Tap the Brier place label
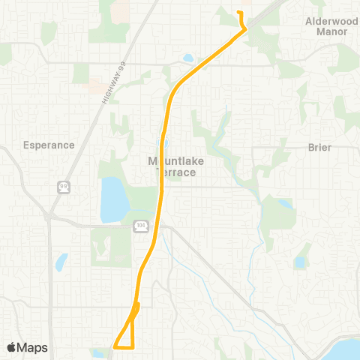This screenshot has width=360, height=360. click(x=319, y=148)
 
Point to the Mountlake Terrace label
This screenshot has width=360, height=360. click(x=172, y=166)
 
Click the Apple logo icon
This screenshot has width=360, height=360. click(x=12, y=347)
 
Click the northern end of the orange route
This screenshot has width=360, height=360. click(x=238, y=13)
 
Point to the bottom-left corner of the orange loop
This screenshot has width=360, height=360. click(x=114, y=347)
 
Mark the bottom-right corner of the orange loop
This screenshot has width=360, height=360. click(x=133, y=347)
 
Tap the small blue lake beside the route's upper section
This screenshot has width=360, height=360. click(x=187, y=58)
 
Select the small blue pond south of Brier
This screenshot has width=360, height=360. click(x=300, y=262)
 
